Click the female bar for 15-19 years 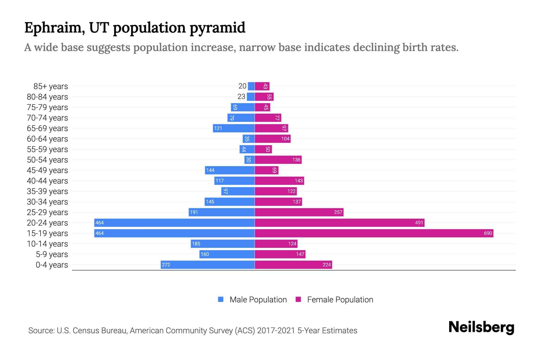[374, 233]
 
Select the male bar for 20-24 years [174, 223]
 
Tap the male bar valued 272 [208, 265]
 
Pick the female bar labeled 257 [299, 212]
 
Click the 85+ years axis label [50, 86]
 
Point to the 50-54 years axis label [47, 160]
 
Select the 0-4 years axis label [52, 265]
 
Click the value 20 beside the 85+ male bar [242, 86]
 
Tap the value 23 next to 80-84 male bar [241, 97]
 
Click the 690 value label [488, 233]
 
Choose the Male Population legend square [221, 299]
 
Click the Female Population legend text [340, 300]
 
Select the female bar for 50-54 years [278, 160]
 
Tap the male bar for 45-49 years [230, 170]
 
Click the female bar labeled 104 [273, 139]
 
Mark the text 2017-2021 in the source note [276, 331]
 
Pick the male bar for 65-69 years [234, 128]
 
